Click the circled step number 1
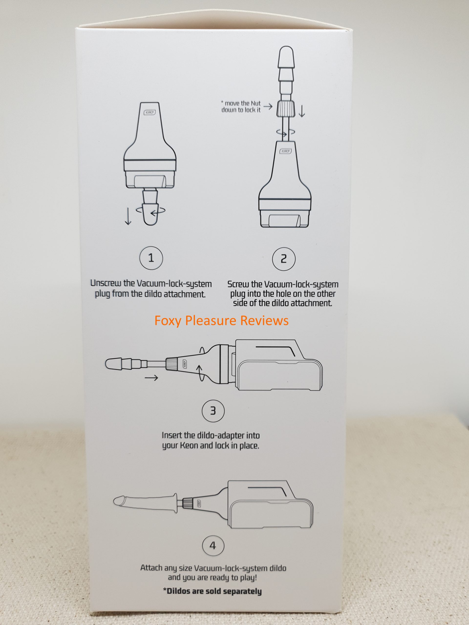pos(151,258)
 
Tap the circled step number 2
pos(284,259)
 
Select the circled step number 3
pos(213,411)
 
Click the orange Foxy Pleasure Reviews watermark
pos(222,320)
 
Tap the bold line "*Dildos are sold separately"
pos(212,591)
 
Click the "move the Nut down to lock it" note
pos(241,106)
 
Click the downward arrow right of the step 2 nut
pos(302,111)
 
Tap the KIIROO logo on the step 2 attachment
pos(286,151)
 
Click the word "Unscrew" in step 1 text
pos(106,283)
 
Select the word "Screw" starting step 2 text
pos(239,284)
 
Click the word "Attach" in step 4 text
pos(152,568)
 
